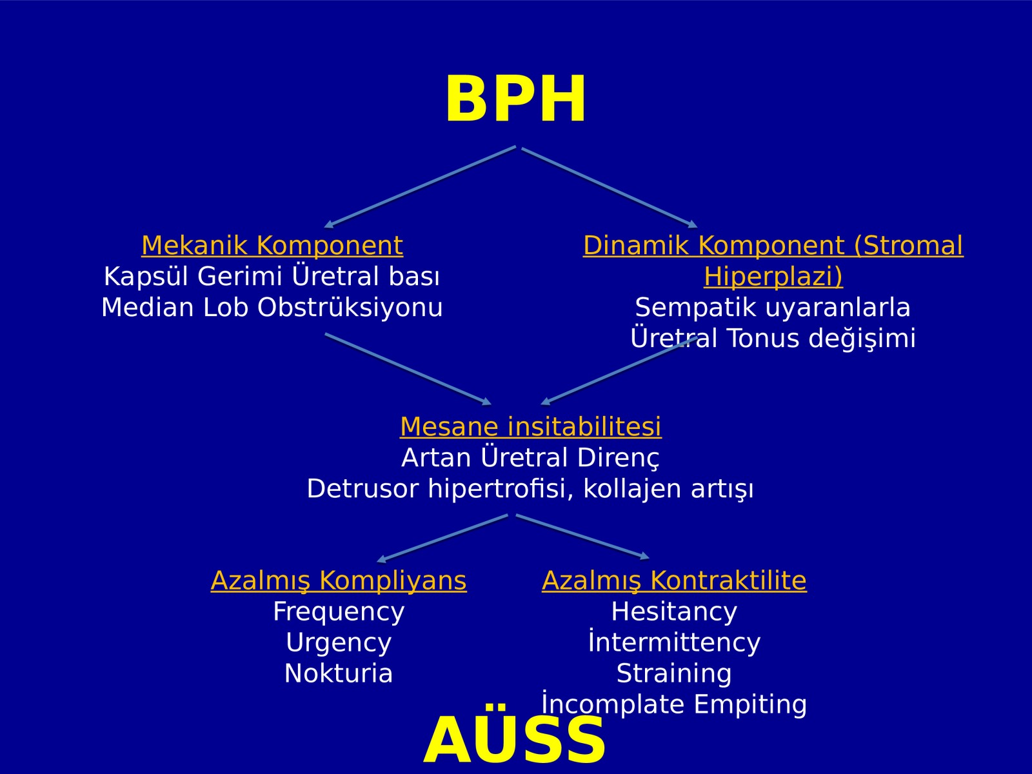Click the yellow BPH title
(x=516, y=99)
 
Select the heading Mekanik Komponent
(x=272, y=245)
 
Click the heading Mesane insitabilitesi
(x=531, y=426)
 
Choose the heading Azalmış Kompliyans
(x=339, y=581)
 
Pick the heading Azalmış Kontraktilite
(x=674, y=580)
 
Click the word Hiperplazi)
(x=773, y=276)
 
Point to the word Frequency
(x=339, y=612)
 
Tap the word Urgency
(x=339, y=643)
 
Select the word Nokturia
(x=339, y=673)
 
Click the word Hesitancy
(x=674, y=612)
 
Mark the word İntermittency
(x=674, y=642)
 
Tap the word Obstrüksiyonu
(x=350, y=308)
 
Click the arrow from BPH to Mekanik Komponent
(x=421, y=187)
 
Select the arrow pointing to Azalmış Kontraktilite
(x=582, y=537)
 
